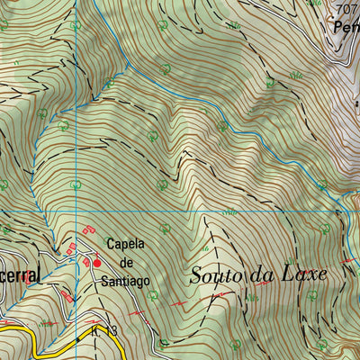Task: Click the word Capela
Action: (x=126, y=244)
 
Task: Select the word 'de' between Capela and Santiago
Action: (x=126, y=263)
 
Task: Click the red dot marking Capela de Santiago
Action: (x=98, y=263)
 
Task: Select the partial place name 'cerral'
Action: (x=20, y=276)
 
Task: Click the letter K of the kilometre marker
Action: (x=95, y=332)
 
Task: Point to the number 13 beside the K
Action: (x=110, y=332)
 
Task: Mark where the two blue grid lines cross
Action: (x=77, y=211)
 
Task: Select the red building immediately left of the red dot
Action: (x=87, y=261)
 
